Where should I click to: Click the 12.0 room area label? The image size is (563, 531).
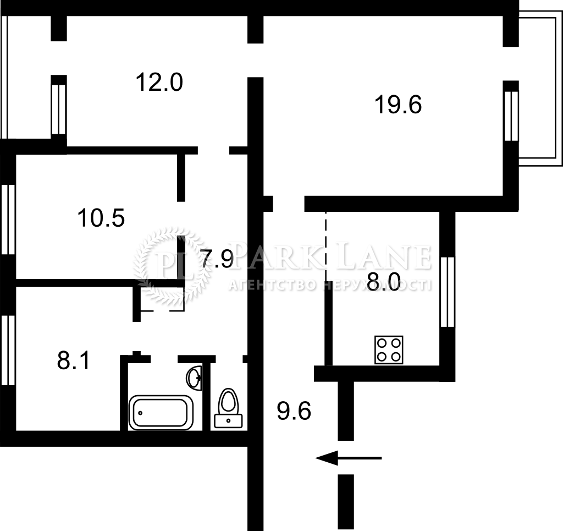coord(159,83)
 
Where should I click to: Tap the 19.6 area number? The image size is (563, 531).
coord(398,105)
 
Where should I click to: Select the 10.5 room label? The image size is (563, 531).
coord(101,218)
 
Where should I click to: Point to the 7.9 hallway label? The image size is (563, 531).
coord(217,259)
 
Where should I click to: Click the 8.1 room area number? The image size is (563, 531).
coord(73,360)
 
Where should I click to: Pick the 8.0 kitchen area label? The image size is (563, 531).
coord(383,282)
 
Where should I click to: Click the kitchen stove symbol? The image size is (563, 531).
coord(389,350)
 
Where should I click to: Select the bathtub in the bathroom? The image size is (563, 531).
coord(161,413)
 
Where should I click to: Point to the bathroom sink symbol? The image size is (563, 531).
coord(194,377)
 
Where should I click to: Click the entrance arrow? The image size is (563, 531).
coord(348,458)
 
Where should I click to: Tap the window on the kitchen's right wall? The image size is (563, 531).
coord(448,292)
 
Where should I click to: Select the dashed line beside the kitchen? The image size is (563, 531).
coord(326,246)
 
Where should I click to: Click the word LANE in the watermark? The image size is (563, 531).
coord(385,256)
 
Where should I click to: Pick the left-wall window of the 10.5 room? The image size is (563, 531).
coord(8,220)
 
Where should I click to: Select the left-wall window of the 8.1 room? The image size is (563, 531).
coord(8,351)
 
